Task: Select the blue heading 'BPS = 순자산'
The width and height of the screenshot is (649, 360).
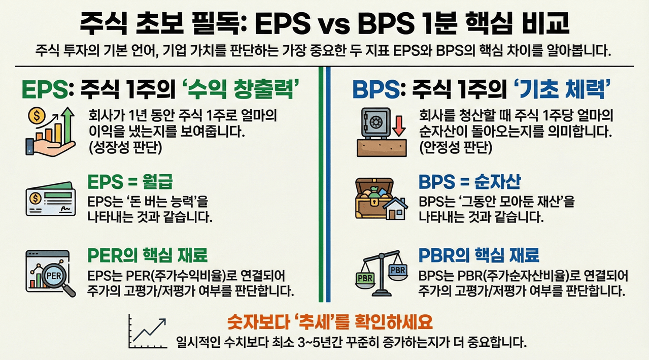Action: click(x=470, y=182)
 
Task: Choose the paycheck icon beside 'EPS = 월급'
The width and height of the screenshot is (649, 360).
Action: click(x=50, y=200)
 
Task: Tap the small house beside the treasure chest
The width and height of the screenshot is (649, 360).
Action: click(x=396, y=208)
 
